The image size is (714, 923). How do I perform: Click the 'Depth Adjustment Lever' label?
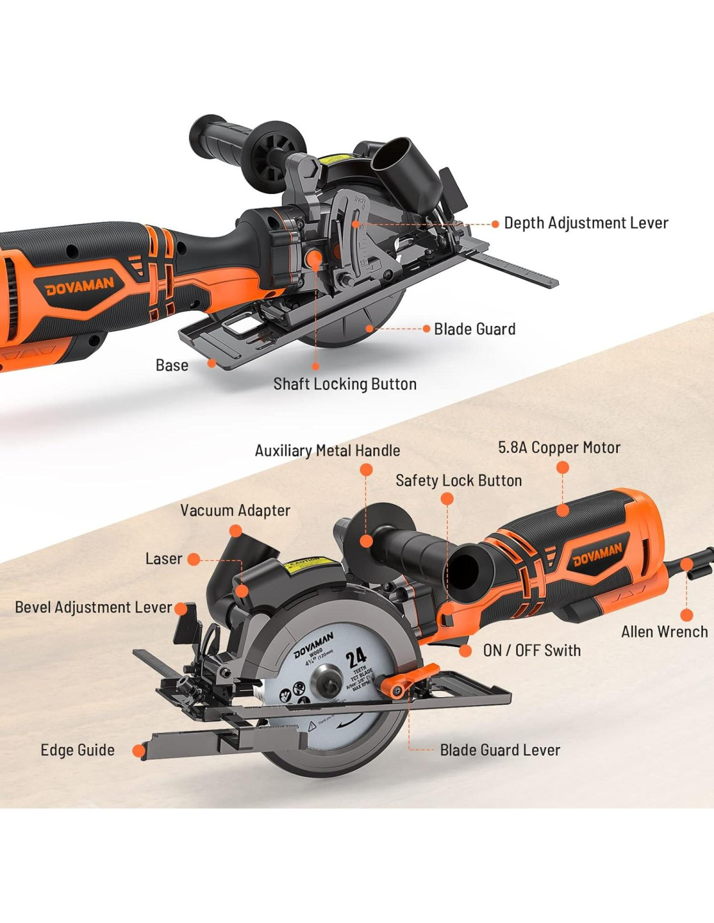pyautogui.click(x=585, y=223)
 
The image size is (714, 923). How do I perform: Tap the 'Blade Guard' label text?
pyautogui.click(x=474, y=329)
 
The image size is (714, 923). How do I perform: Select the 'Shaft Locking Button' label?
pyautogui.click(x=345, y=384)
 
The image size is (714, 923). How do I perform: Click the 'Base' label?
pyautogui.click(x=172, y=365)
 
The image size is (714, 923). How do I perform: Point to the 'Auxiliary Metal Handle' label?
pyautogui.click(x=327, y=450)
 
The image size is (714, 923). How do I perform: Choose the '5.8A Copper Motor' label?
pyautogui.click(x=559, y=447)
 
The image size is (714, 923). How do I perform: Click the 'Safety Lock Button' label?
pyautogui.click(x=458, y=480)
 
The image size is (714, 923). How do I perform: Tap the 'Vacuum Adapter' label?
pyautogui.click(x=235, y=510)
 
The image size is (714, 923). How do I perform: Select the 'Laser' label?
pyautogui.click(x=164, y=559)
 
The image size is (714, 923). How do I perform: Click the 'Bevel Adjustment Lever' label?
pyautogui.click(x=93, y=608)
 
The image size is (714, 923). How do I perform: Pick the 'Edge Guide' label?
pyautogui.click(x=77, y=750)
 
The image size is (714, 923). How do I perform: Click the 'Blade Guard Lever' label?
pyautogui.click(x=500, y=750)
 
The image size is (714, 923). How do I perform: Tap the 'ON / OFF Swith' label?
pyautogui.click(x=532, y=650)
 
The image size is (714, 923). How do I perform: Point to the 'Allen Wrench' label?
pyautogui.click(x=664, y=632)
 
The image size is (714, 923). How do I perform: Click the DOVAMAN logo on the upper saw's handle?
pyautogui.click(x=80, y=286)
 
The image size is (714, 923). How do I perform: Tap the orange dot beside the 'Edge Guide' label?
pyautogui.click(x=138, y=751)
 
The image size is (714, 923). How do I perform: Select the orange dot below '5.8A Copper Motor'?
pyautogui.click(x=563, y=467)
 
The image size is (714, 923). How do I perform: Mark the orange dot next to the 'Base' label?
pyautogui.click(x=212, y=363)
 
